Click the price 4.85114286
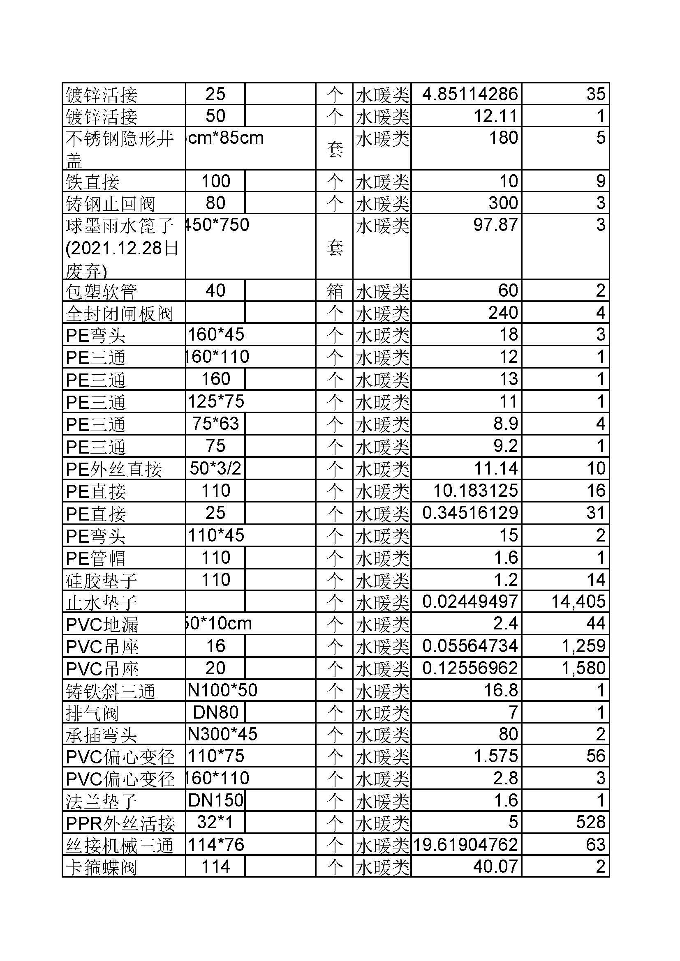470,94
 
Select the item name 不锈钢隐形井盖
119,148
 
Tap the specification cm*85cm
226,138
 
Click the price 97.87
495,225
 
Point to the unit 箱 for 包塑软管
335,291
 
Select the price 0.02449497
470,602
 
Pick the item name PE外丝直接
114,469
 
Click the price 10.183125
475,491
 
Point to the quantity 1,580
583,668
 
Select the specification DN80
216,712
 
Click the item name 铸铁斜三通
111,691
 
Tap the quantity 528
590,823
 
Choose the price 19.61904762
465,845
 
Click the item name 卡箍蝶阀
101,867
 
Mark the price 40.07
495,867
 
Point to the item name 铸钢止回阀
111,204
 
